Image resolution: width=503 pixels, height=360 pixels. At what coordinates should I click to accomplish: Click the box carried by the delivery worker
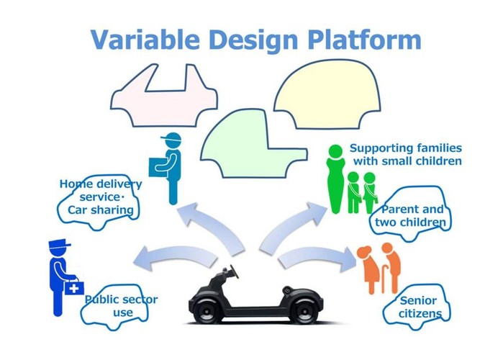click(x=158, y=166)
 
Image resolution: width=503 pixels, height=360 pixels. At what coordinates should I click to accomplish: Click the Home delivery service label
click(x=100, y=197)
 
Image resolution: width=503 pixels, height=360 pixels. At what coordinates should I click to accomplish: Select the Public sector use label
click(x=121, y=305)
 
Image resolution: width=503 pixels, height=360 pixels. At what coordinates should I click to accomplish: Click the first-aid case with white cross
click(x=73, y=287)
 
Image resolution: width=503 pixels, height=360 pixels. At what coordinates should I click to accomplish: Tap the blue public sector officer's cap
click(x=59, y=247)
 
